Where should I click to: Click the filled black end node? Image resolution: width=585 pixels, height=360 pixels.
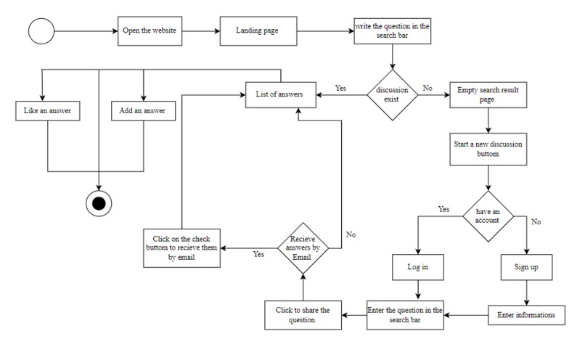99,204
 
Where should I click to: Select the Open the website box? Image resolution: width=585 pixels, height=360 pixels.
150,31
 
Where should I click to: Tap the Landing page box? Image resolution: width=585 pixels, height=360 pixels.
258,31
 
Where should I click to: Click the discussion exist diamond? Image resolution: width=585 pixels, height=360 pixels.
393,95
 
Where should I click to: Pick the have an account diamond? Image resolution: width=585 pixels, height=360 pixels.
488,216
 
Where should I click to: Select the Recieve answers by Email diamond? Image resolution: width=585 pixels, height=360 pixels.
303,248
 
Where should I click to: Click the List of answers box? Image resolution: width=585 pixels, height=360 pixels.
281,95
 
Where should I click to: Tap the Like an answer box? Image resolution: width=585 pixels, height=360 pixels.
48,111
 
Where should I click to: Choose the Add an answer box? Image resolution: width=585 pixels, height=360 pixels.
143,111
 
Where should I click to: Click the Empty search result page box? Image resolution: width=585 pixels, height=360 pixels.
488,95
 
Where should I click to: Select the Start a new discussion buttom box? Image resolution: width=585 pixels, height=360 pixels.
488,150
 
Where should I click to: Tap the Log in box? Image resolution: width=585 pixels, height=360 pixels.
418,267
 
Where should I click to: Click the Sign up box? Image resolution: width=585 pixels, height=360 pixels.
527,267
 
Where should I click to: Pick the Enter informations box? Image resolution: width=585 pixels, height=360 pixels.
526,315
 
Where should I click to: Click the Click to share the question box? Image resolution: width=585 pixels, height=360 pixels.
303,315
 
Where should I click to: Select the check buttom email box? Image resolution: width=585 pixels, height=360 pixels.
181,248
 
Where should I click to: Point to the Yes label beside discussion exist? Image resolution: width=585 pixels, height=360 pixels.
340,88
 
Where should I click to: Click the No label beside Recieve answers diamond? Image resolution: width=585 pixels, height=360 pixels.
351,234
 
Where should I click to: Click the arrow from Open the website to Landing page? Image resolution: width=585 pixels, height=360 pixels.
201,31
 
